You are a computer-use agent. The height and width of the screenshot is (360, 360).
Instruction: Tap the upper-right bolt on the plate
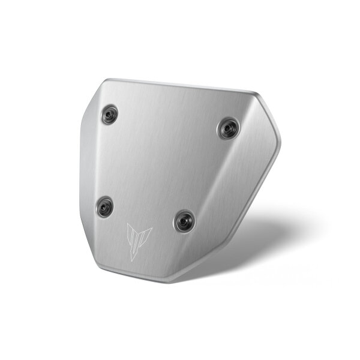(229, 128)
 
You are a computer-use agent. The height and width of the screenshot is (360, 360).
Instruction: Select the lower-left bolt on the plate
(104, 206)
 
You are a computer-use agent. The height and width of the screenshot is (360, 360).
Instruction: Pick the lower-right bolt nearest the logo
(184, 221)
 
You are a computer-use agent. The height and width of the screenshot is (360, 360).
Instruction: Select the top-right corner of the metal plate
(255, 93)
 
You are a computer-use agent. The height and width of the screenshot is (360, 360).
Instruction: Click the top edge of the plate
(180, 85)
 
